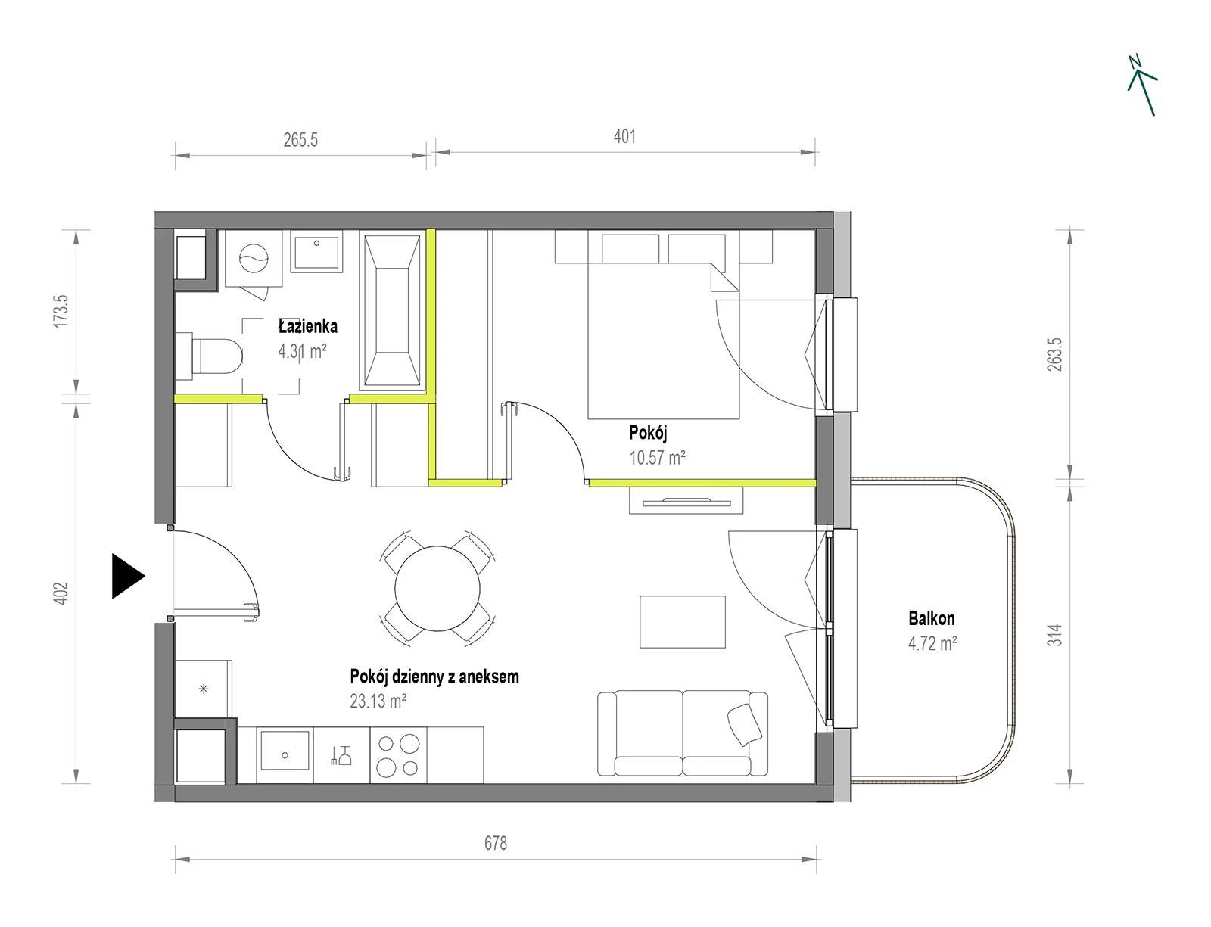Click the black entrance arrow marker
click(x=127, y=576)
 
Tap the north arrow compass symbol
click(x=1142, y=86)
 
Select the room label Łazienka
click(x=307, y=326)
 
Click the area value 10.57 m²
click(x=657, y=457)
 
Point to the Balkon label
click(x=931, y=617)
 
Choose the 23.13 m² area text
click(x=378, y=700)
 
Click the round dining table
click(x=437, y=588)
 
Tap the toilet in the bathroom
click(x=209, y=356)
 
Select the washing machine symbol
click(x=254, y=259)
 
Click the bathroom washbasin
click(x=316, y=252)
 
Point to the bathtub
click(x=392, y=310)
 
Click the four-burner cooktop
click(x=398, y=755)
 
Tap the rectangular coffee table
click(x=683, y=622)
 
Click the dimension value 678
click(x=496, y=844)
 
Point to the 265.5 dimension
click(x=300, y=139)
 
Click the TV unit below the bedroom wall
click(x=686, y=501)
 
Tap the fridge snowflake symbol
click(x=204, y=689)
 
